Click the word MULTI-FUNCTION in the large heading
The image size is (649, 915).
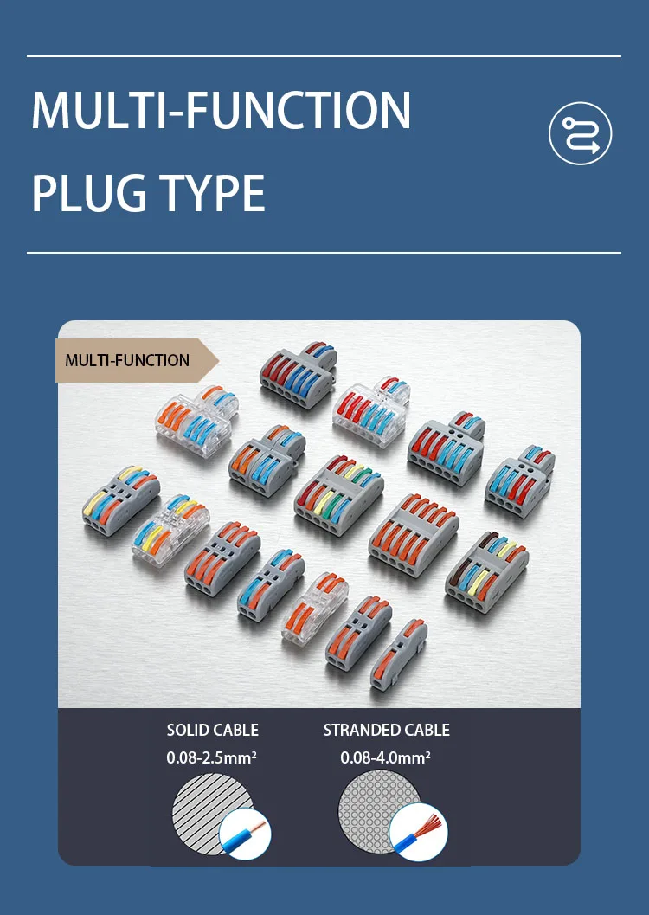(x=221, y=111)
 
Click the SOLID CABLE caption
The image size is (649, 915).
(x=212, y=730)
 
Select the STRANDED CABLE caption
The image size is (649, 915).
(x=386, y=730)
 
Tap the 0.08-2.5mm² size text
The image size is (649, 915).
(x=212, y=758)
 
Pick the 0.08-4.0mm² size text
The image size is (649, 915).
(x=386, y=758)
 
